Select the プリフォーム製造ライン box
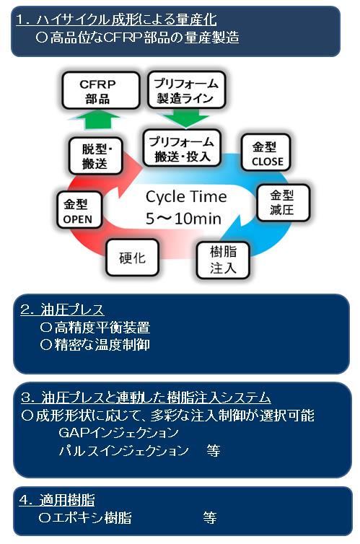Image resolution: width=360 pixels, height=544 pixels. coord(187,90)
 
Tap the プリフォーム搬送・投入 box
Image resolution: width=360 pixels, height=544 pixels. coord(182,148)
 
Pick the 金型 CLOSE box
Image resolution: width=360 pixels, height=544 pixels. coord(265,152)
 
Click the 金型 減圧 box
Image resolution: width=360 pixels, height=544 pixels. coord(283,203)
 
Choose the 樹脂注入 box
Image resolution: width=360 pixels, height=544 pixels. coord(223,260)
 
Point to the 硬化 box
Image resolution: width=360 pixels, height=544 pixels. coord(132,258)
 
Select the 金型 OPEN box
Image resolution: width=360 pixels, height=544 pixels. coord(79,210)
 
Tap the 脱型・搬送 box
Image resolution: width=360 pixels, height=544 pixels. coord(96,156)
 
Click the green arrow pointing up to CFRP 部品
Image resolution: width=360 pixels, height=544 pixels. coord(97,120)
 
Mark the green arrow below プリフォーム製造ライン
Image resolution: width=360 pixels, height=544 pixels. coord(186,118)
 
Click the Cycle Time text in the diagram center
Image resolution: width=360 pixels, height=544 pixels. coord(186,197)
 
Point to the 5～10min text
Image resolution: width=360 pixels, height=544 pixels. coord(183,219)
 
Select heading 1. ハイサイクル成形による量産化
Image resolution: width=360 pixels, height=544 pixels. coord(116,19)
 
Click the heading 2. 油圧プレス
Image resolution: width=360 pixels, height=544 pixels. coord(62,309)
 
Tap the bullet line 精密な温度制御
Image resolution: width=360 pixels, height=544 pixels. coord(95,345)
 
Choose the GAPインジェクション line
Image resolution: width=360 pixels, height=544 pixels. coord(118,432)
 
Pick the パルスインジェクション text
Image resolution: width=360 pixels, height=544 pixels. coord(124,450)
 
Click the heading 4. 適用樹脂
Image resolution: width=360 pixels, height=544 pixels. coord(57,500)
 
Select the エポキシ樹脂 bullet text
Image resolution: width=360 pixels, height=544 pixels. coord(85,518)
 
